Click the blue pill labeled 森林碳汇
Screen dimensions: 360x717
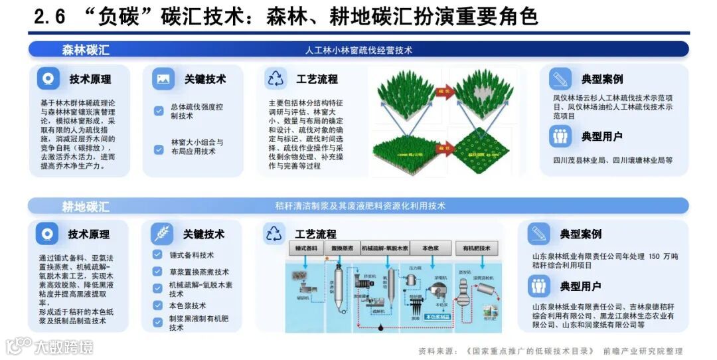tap(86, 50)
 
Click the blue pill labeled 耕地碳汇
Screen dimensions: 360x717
tap(86, 206)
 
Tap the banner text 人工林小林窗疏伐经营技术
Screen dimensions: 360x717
tap(358, 50)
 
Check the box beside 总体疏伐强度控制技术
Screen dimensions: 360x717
tap(159, 111)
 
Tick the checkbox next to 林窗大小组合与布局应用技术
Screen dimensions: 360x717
tap(159, 149)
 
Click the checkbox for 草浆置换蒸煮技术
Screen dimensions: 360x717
tap(157, 272)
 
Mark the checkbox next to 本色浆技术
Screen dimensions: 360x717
tap(157, 306)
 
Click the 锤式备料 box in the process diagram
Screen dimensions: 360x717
tap(306, 248)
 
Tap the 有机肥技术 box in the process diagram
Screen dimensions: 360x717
tap(476, 248)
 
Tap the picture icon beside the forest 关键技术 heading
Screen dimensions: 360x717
tap(163, 79)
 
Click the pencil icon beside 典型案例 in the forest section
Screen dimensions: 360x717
tap(560, 79)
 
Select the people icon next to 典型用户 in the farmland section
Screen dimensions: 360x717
tap(538, 286)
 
